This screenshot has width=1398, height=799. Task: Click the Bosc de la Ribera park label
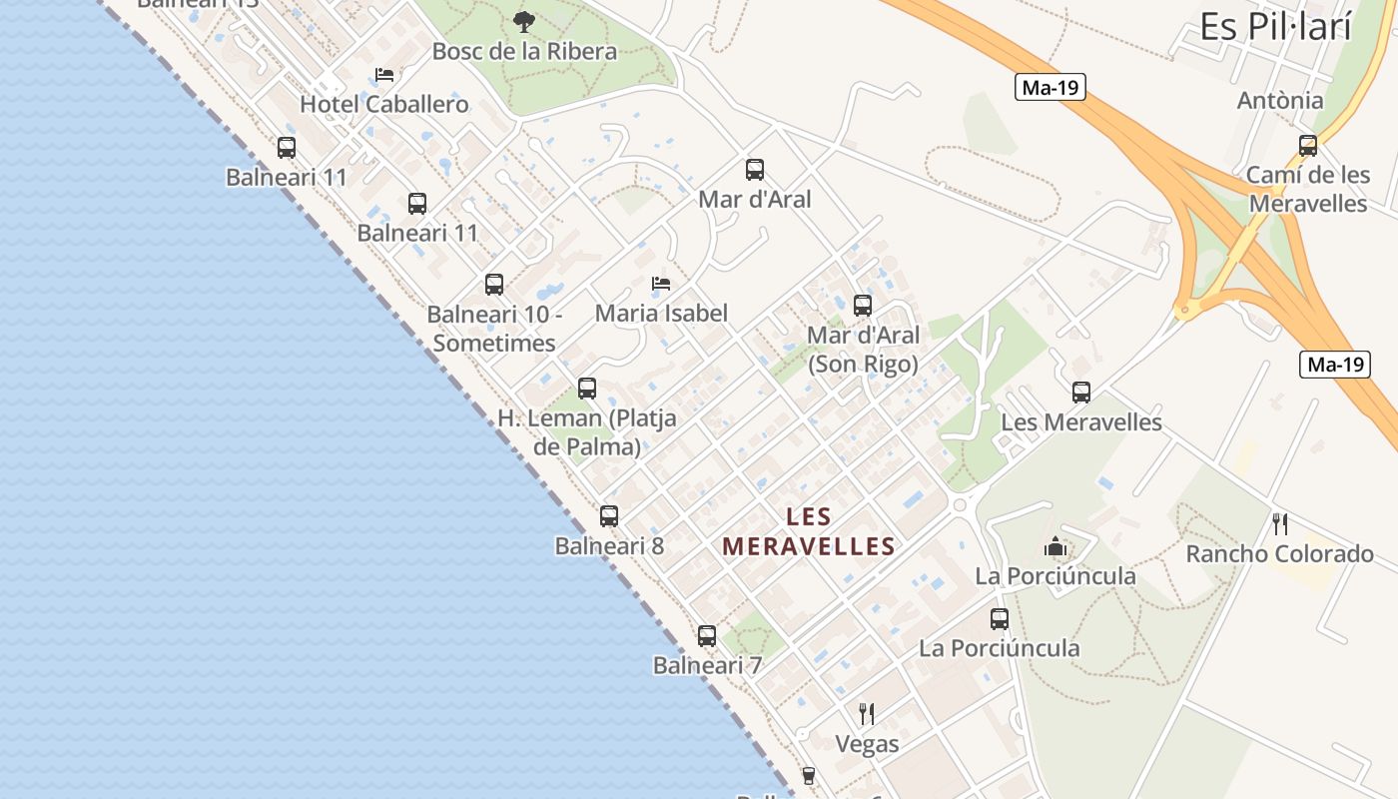[524, 51]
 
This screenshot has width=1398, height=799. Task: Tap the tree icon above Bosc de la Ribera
[523, 21]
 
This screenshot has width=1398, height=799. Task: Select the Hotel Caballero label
[384, 104]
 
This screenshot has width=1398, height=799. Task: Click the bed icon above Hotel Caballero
[384, 75]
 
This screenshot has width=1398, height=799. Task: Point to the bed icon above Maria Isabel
[661, 284]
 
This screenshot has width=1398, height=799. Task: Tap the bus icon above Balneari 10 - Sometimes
[494, 285]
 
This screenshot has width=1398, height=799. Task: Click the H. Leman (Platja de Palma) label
[587, 431]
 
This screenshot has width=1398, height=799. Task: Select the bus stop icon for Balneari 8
[609, 516]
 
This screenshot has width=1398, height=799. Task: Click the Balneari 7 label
[707, 665]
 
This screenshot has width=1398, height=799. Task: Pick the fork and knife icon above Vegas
[867, 714]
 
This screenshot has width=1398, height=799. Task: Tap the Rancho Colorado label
[1279, 553]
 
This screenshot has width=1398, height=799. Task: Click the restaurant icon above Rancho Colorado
[1280, 523]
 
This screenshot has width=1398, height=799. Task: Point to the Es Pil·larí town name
[1275, 27]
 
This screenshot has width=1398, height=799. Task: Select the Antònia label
[1280, 100]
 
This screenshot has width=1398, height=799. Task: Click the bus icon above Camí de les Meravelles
[1308, 146]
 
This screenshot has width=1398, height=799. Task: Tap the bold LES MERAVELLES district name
[809, 531]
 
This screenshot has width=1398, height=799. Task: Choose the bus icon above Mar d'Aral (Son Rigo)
[863, 306]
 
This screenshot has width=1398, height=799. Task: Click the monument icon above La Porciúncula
[1055, 546]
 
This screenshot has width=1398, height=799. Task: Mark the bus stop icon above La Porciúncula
[1000, 619]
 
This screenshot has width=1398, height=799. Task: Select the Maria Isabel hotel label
[661, 313]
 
